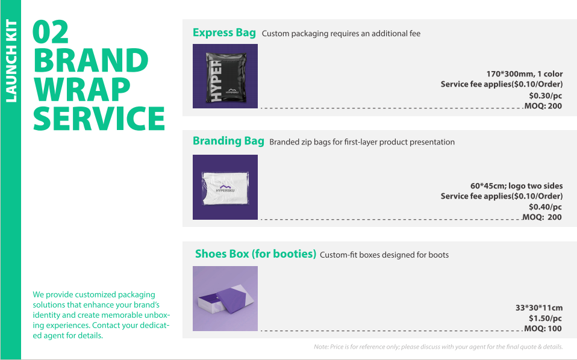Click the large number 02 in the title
pyautogui.click(x=51, y=32)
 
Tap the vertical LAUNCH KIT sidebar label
pyautogui.click(x=11, y=61)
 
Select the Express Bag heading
pyautogui.click(x=224, y=33)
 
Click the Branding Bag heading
pyautogui.click(x=228, y=141)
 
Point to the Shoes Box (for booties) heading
pyautogui.click(x=255, y=253)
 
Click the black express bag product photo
pyautogui.click(x=225, y=76)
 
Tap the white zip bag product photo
pyautogui.click(x=225, y=187)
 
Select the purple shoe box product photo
pyautogui.click(x=225, y=299)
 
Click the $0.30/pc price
pyautogui.click(x=545, y=96)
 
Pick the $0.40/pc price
pyautogui.click(x=545, y=207)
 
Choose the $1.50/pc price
pyautogui.click(x=545, y=318)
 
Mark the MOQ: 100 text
pyautogui.click(x=543, y=328)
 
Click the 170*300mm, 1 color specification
pyautogui.click(x=525, y=74)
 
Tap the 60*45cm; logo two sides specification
pyautogui.click(x=516, y=186)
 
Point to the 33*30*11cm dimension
pyautogui.click(x=538, y=308)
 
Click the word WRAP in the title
pyautogui.click(x=82, y=89)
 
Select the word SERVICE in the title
pyautogui.click(x=99, y=119)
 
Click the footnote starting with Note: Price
pyautogui.click(x=438, y=347)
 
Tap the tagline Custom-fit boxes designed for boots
pyautogui.click(x=384, y=255)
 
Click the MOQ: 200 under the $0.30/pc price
pyautogui.click(x=543, y=106)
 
